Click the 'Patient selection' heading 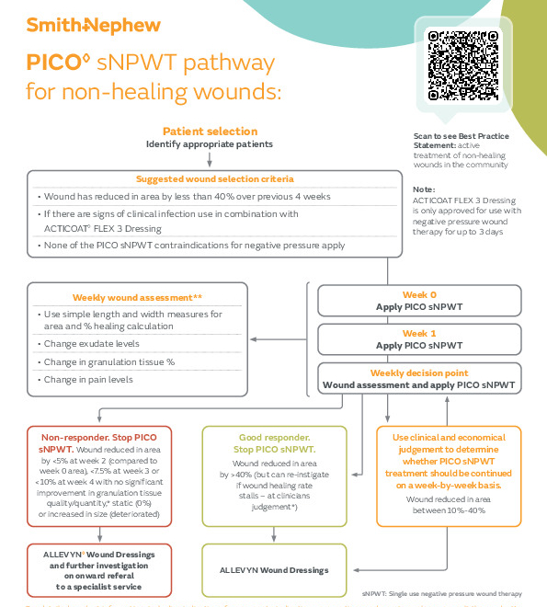[210, 132]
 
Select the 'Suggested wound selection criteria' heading [214, 178]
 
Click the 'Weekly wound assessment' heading [138, 297]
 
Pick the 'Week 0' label [418, 296]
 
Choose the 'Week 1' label [418, 333]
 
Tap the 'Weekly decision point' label [418, 372]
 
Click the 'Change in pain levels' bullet [88, 379]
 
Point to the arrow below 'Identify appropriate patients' [210, 158]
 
